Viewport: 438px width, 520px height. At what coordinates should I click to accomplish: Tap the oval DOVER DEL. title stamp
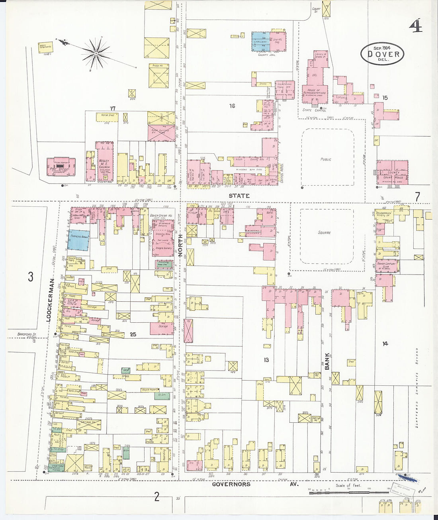click(382, 54)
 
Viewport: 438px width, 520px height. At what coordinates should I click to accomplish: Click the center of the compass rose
click(96, 52)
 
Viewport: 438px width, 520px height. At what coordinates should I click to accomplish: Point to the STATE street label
click(239, 196)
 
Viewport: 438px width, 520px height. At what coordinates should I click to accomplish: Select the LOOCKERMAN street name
click(50, 300)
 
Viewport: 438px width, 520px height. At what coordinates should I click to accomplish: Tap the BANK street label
click(327, 361)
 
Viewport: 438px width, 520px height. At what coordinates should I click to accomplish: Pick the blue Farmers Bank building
click(78, 239)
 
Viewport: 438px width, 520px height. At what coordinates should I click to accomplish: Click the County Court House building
click(393, 172)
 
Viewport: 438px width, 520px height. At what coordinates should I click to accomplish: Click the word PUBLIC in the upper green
click(326, 159)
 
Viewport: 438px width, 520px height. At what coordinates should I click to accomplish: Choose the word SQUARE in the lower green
click(325, 232)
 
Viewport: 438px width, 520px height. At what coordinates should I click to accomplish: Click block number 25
click(133, 334)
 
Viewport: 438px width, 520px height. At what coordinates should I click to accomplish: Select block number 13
click(266, 360)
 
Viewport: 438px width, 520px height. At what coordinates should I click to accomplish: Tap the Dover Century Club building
click(386, 266)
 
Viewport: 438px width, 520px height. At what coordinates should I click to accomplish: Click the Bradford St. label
click(27, 334)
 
